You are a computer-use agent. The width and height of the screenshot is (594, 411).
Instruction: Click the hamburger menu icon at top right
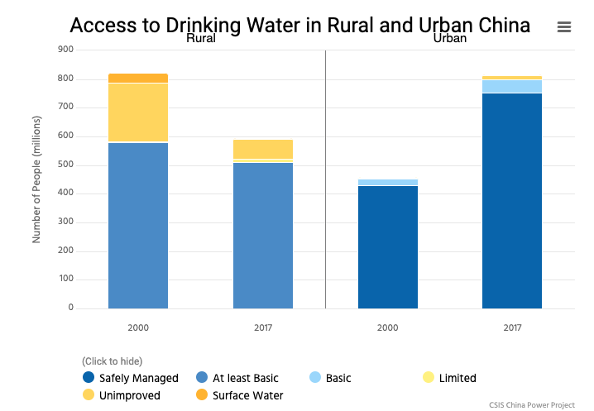pos(564,27)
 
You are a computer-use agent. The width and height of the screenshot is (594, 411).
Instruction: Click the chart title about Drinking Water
pos(299,24)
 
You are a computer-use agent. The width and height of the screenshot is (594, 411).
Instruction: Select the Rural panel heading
pos(202,39)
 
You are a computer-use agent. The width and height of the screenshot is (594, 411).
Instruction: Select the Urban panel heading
pos(449,39)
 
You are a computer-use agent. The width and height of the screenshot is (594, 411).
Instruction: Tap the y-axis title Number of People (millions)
pos(36,179)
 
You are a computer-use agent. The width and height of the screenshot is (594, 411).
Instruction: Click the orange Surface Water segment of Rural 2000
pos(138,78)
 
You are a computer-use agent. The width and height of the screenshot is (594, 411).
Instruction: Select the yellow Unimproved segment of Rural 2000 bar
pos(138,112)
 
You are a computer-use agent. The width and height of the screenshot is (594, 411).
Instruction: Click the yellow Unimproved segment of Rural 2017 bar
pos(262,149)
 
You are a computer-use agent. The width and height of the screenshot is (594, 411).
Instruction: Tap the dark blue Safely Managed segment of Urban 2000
pos(387,247)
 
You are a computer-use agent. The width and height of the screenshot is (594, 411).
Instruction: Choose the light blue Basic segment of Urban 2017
pos(512,86)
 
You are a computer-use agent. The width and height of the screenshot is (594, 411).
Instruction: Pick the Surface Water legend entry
pos(239,395)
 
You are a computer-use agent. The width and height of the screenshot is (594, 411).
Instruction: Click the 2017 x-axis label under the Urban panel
pos(512,327)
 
